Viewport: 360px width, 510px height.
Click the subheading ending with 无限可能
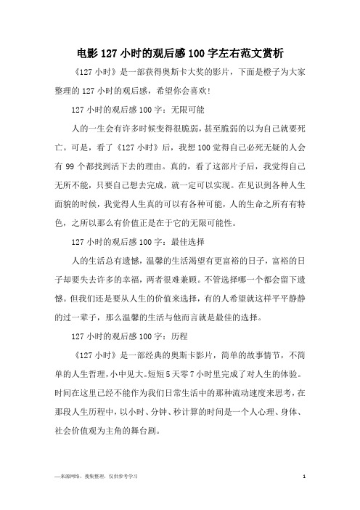pos(128,114)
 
